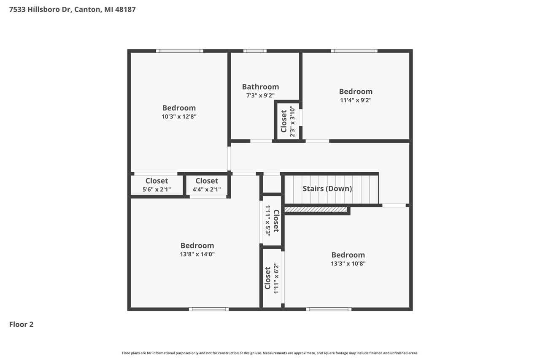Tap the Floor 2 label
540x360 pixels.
click(21, 324)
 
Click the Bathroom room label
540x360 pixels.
click(260, 87)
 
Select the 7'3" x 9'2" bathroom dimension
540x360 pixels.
click(260, 96)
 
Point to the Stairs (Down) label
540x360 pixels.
click(327, 189)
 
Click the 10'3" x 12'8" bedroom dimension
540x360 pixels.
click(179, 116)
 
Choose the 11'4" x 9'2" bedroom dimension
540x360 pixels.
click(356, 100)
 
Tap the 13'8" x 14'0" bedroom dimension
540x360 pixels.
click(197, 254)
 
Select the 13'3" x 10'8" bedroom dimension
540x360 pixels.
click(348, 264)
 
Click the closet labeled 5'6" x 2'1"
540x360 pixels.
click(157, 185)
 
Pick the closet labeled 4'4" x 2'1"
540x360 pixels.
click(207, 185)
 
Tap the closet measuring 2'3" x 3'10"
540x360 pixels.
click(288, 122)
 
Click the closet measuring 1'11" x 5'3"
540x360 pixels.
click(272, 220)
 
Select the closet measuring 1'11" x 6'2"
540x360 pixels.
click(272, 278)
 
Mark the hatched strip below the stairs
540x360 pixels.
click(316, 209)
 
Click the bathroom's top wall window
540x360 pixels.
click(255, 51)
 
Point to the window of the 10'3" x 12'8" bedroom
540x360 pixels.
click(179, 51)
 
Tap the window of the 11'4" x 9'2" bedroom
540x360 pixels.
click(354, 51)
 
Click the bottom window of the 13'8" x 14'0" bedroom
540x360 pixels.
click(208, 309)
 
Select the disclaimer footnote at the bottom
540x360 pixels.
click(270, 353)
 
